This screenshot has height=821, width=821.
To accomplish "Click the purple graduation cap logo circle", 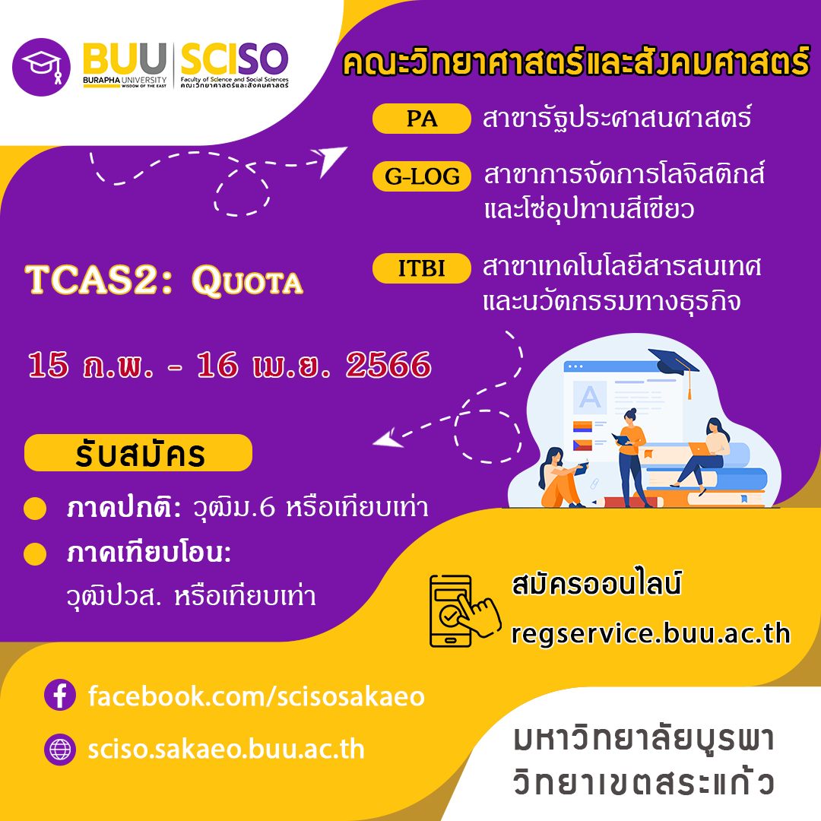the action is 41,67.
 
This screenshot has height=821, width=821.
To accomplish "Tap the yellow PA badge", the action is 421,119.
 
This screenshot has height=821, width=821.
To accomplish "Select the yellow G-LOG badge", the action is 421,176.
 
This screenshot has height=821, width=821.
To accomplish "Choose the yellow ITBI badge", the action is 421,268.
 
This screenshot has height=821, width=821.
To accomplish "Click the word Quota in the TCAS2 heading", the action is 247,281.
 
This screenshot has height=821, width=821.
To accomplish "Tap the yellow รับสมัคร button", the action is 138,453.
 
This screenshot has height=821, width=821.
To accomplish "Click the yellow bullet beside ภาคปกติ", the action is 35,509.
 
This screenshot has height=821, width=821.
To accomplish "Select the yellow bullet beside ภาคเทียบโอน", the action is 35,554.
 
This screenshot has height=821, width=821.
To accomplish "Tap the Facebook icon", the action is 60,695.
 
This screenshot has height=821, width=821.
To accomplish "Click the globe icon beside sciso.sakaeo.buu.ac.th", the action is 60,750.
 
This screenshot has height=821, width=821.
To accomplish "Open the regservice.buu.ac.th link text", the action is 650,633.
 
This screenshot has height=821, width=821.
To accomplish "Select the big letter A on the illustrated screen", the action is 590,397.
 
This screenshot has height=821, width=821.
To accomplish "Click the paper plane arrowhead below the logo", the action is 330,159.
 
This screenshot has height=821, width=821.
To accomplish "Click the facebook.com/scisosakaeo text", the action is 256,697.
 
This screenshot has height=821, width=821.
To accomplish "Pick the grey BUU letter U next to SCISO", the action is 152,58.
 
